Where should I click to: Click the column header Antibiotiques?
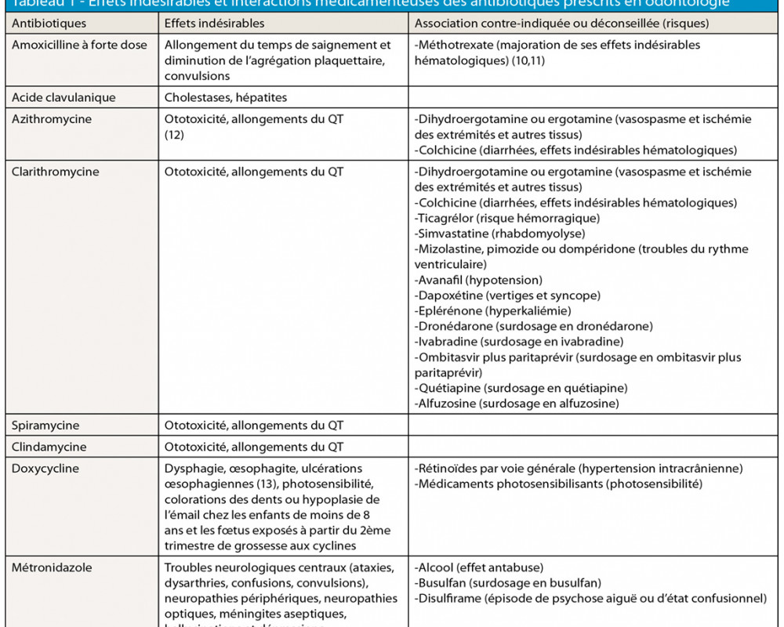(x=49, y=23)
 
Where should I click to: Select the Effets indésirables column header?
(x=214, y=23)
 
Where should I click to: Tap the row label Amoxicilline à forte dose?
(x=79, y=45)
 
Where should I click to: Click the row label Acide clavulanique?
(x=64, y=97)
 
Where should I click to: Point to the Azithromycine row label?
(x=52, y=119)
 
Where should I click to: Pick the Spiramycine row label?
(x=45, y=426)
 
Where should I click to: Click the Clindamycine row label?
(x=49, y=447)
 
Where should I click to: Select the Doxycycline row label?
(x=45, y=469)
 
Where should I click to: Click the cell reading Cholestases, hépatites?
(x=226, y=97)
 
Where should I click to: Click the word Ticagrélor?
(x=445, y=218)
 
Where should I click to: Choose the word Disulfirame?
(x=448, y=598)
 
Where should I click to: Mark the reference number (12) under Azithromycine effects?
(x=173, y=135)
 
